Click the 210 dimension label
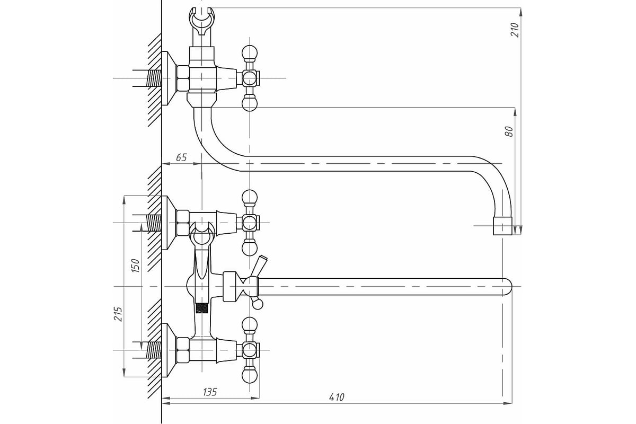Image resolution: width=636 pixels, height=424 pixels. tap(515, 30)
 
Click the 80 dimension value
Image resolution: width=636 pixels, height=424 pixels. tap(509, 131)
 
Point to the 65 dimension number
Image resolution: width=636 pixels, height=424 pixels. tap(181, 157)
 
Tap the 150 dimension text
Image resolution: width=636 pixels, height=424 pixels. tap(136, 266)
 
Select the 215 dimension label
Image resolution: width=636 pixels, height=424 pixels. tap(118, 314)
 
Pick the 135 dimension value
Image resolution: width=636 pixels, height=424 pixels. tap(210, 392)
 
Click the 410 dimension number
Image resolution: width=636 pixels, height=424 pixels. tap(337, 397)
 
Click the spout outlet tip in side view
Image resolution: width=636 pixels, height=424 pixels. tap(502, 226)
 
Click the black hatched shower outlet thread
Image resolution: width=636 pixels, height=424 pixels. tap(201, 308)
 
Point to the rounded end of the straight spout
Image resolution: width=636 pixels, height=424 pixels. tap(507, 287)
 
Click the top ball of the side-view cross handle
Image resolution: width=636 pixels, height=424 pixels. tap(250, 52)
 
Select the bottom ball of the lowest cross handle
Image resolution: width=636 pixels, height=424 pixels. tap(250, 375)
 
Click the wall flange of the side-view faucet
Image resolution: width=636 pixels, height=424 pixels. tap(169, 78)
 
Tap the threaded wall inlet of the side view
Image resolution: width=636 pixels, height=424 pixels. tap(154, 78)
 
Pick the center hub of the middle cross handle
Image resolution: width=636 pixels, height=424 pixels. tap(250, 223)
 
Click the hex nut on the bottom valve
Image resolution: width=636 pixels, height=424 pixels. tap(183, 350)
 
